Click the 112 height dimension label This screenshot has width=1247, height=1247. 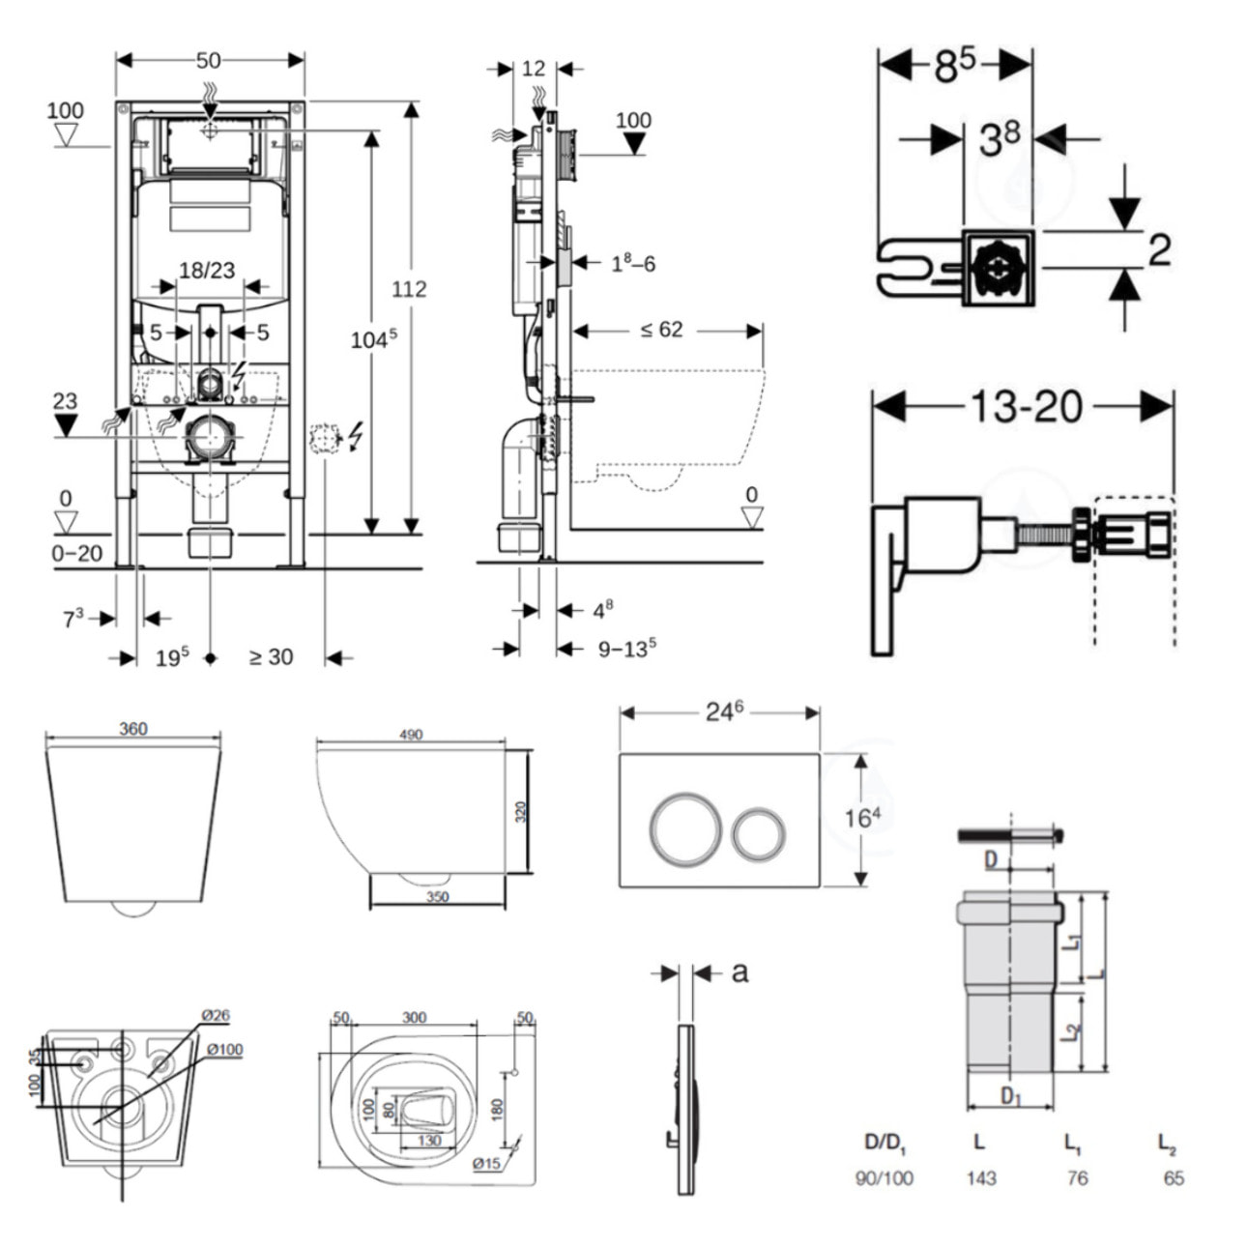point(409,289)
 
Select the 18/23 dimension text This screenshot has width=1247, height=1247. point(207,271)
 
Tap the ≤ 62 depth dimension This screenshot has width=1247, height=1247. point(661,330)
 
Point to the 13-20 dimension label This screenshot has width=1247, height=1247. point(1026,407)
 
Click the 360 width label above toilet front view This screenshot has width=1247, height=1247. point(133,729)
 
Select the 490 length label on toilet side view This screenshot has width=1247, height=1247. point(411,735)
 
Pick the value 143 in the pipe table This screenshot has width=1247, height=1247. point(980,1177)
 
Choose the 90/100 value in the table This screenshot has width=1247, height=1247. point(884,1177)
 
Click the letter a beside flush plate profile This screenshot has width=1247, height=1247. point(739,971)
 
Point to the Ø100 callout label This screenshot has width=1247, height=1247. point(223,1050)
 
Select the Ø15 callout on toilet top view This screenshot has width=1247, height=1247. point(486,1164)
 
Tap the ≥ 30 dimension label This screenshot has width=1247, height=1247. point(271,657)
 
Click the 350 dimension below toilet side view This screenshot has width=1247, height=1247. point(437,896)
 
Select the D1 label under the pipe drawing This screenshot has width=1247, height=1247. point(1011,1096)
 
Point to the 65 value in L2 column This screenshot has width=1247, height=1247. point(1174,1177)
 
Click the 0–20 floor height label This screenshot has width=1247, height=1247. point(77,554)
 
